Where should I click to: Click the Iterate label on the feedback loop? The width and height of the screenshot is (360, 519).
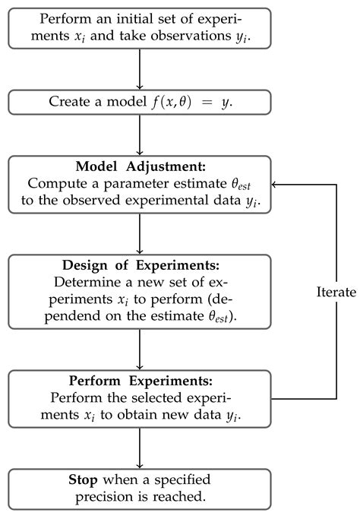336,292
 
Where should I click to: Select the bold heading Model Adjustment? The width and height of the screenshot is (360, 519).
141,166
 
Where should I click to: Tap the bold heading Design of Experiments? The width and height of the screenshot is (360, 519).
141,265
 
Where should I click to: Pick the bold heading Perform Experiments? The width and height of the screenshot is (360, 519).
141,381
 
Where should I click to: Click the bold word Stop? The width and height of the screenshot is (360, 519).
83,479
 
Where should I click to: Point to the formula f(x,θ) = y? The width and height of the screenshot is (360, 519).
191,102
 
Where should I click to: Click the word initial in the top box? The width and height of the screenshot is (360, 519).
134,18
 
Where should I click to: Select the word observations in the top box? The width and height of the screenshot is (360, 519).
191,36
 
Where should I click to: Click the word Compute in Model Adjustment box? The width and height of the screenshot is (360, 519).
57,183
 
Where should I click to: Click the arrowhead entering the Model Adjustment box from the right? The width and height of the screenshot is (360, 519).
273,185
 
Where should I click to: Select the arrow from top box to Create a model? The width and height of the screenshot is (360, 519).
140,69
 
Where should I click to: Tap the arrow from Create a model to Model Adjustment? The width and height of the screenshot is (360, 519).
140,135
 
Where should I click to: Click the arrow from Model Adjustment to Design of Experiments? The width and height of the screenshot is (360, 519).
140,234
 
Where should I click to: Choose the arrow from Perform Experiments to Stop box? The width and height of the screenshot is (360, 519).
140,448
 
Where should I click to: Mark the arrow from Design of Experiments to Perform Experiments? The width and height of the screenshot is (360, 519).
140,350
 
